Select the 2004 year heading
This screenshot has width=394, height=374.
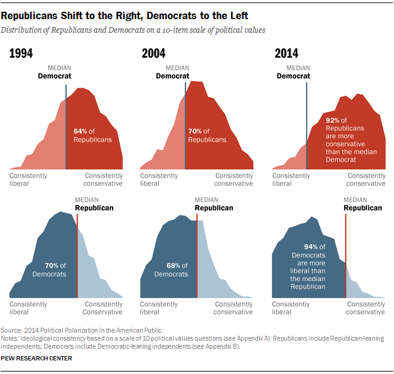point(153,54)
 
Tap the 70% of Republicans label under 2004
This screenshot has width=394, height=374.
point(198,135)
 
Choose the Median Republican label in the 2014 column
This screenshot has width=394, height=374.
point(362,204)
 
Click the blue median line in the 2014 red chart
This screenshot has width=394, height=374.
point(307,123)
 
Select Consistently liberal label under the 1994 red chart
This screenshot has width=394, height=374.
point(28,180)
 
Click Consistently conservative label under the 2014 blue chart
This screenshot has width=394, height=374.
point(366,308)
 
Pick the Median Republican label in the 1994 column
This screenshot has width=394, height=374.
point(94,204)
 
